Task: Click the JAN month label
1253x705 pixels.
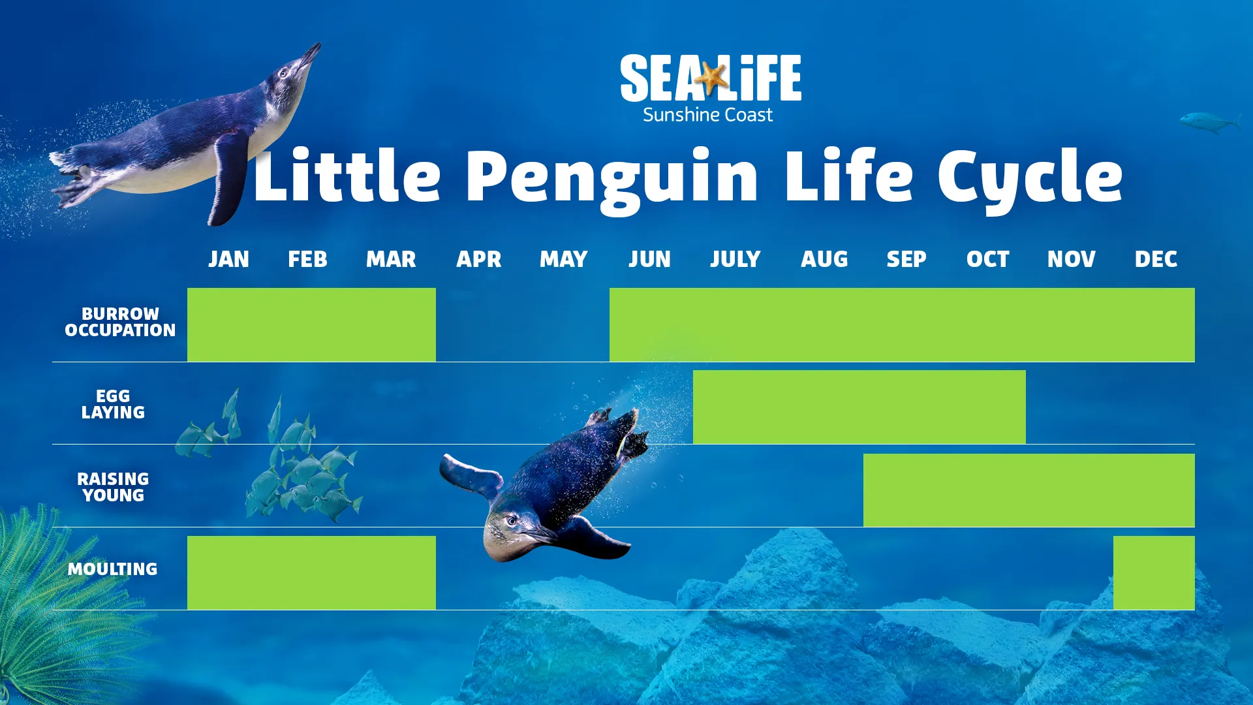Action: click(228, 259)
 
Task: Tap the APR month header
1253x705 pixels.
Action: click(478, 259)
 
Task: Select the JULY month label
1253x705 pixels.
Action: click(735, 259)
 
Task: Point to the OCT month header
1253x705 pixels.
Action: click(987, 259)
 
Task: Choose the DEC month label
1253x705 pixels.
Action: click(1156, 259)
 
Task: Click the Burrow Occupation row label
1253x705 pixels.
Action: click(120, 322)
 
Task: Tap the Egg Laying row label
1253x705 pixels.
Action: click(113, 404)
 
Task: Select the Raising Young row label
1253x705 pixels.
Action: click(113, 487)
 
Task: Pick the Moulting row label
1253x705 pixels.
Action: click(112, 569)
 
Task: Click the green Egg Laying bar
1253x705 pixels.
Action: click(859, 407)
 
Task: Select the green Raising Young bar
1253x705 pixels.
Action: click(1029, 490)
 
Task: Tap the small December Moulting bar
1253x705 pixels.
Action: click(1154, 572)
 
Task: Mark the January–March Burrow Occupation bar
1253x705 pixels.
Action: click(311, 324)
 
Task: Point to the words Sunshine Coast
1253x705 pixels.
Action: click(707, 115)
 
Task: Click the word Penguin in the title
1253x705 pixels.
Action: click(612, 178)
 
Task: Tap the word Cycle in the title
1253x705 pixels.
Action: click(1030, 178)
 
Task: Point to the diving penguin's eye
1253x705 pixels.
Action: click(512, 520)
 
